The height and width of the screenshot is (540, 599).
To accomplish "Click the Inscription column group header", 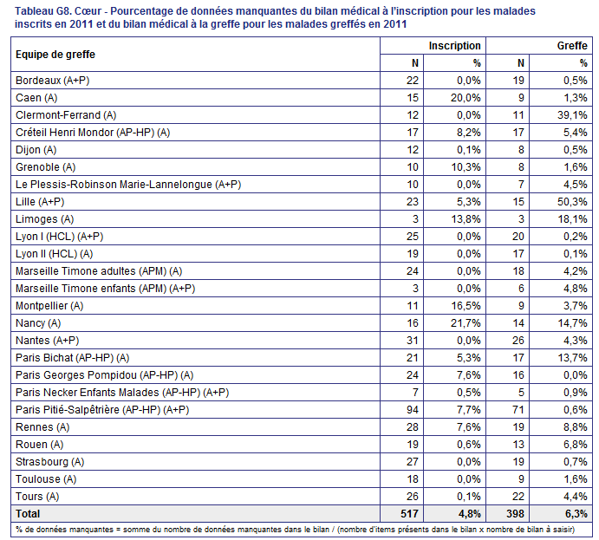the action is tap(454, 46).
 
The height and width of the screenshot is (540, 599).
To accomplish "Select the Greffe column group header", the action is tap(572, 46).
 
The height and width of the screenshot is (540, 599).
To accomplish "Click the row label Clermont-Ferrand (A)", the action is tap(66, 115).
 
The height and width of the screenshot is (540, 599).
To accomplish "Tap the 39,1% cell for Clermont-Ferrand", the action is tap(572, 115).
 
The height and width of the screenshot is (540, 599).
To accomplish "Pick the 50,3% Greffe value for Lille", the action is tap(572, 202).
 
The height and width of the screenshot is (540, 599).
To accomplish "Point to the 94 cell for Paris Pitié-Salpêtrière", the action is tap(413, 410).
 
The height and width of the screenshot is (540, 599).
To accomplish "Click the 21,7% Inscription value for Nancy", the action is tap(466, 323).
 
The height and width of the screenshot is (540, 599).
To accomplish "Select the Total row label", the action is tap(28, 514).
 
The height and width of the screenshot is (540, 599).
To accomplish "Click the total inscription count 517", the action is tap(409, 514).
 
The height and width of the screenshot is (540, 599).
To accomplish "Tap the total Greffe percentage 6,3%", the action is tap(576, 514).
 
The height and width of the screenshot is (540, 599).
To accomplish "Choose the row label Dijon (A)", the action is tap(36, 150).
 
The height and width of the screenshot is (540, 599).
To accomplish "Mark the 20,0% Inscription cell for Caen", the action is tap(466, 98).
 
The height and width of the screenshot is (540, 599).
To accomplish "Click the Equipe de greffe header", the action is tap(55, 55).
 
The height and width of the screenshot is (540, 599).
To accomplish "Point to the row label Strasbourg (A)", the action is tap(50, 462).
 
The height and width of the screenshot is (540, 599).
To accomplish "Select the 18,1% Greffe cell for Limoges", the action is tap(572, 219).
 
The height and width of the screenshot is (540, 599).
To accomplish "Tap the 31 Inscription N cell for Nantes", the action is tap(413, 341).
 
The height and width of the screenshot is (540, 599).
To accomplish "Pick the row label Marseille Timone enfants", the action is tap(106, 289).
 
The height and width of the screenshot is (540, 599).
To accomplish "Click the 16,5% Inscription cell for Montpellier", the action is tap(466, 306).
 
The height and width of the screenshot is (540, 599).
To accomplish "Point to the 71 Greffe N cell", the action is tap(518, 410).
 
